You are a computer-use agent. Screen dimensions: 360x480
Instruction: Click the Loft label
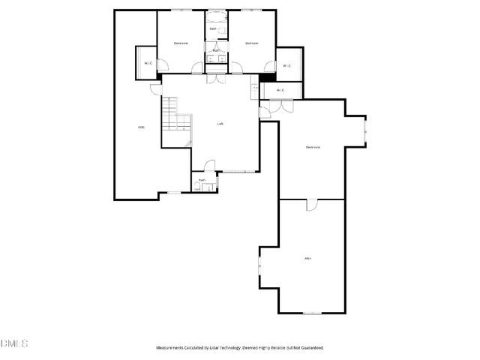coord(220,124)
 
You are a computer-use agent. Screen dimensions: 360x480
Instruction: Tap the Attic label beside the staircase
coord(141,127)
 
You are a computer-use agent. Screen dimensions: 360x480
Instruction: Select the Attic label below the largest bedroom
coord(307,259)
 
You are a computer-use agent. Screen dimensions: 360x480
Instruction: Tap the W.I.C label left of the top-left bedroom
coord(148,63)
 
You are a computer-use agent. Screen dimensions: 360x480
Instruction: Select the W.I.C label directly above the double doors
coord(280,91)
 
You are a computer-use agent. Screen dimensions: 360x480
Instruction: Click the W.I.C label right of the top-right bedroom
coord(287,66)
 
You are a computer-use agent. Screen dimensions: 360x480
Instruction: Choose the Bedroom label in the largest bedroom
coord(313,147)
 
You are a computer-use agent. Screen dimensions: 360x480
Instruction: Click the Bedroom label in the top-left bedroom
coord(181,43)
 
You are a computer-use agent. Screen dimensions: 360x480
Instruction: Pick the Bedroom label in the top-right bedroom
coord(252,43)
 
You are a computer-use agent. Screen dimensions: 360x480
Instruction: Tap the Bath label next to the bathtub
coord(214,28)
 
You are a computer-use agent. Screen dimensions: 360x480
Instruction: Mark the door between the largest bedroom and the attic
coord(311,204)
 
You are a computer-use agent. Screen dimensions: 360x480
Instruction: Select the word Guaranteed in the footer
coord(308,348)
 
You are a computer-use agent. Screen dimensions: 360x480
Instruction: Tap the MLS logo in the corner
coord(14,343)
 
